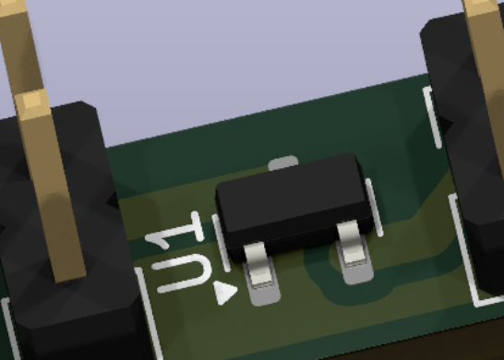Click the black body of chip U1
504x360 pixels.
coord(294,206)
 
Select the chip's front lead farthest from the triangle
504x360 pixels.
coord(352,244)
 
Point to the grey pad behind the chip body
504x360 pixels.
coord(282,162)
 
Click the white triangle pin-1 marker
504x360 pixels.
coord(225,293)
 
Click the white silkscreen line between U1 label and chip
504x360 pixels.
coord(222,243)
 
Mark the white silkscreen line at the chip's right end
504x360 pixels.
coord(375,208)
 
